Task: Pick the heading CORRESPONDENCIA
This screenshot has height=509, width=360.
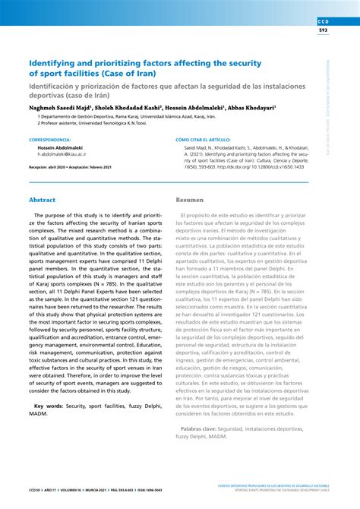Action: [x=49, y=141]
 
